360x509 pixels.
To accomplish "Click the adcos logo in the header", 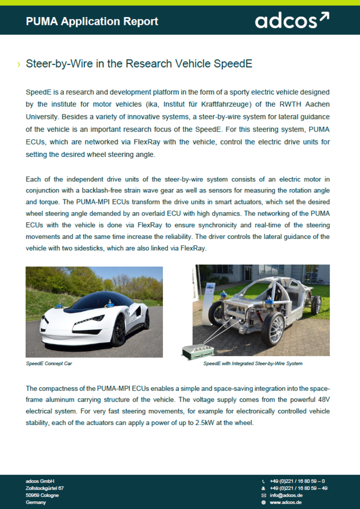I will pyautogui.click(x=291, y=21).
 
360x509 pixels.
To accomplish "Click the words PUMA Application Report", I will pyautogui.click(x=92, y=21).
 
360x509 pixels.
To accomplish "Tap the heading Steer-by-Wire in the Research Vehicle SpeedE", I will pyautogui.click(x=139, y=64).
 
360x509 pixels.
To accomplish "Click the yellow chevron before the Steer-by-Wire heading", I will pyautogui.click(x=19, y=64).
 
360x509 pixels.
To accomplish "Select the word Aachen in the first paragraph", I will pyautogui.click(x=317, y=103).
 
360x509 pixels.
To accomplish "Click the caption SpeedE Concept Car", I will pyautogui.click(x=49, y=363).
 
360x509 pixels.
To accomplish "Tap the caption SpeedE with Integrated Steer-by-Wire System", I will pyautogui.click(x=252, y=363).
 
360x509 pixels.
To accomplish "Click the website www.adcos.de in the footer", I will pyautogui.click(x=285, y=502).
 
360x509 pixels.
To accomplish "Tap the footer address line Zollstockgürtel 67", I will pyautogui.click(x=44, y=488).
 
